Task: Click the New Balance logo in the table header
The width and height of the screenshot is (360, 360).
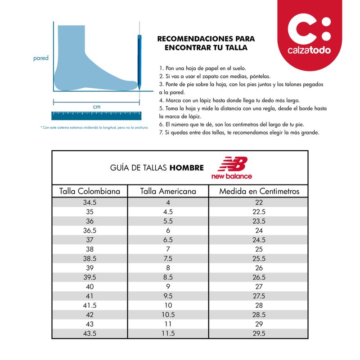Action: point(232,167)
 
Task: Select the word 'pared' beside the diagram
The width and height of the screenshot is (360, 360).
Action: point(40,58)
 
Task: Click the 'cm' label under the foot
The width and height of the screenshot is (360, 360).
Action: point(97,107)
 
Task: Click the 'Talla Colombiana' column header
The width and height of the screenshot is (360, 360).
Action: point(90,191)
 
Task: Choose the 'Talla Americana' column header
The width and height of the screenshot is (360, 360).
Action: point(168,191)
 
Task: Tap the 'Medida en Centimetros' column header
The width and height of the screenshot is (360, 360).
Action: point(259,191)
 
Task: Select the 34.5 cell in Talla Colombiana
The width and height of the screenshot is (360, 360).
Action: point(90,202)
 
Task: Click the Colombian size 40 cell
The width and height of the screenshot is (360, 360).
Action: point(90,286)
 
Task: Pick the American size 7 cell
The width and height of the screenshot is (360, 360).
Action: point(168,249)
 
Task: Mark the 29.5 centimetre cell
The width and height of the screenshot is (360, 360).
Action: point(259,333)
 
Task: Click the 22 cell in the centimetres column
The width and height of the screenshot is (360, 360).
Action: point(259,202)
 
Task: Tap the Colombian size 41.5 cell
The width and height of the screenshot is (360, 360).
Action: point(90,305)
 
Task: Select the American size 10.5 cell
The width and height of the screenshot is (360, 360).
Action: point(168,315)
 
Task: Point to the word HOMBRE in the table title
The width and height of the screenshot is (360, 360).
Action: point(186,168)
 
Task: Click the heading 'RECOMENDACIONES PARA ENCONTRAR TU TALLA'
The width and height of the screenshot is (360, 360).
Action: point(206,43)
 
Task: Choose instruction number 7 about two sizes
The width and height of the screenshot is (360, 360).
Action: point(239,133)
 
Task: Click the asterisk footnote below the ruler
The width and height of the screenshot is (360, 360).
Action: point(94,127)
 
